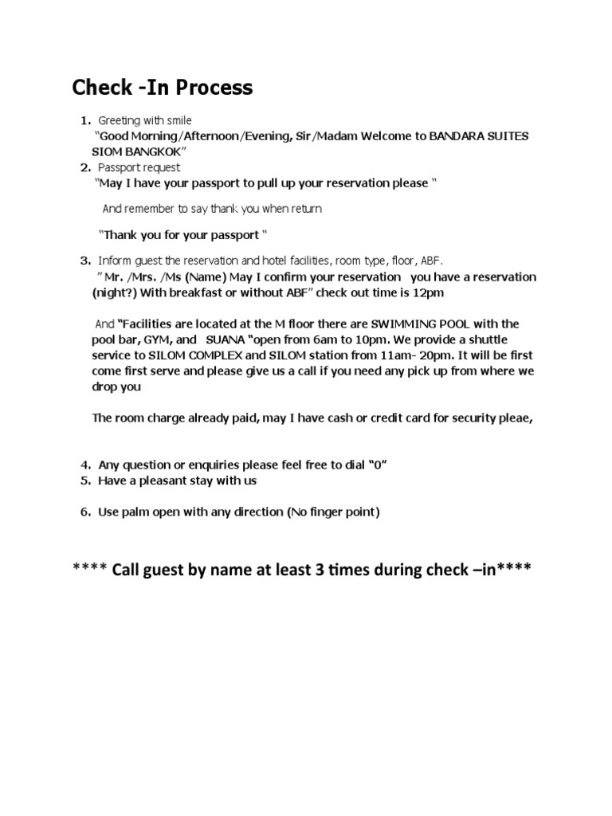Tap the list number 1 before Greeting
[84, 120]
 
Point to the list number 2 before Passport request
[84, 167]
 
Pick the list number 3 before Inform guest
[84, 261]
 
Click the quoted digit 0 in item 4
[379, 465]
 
